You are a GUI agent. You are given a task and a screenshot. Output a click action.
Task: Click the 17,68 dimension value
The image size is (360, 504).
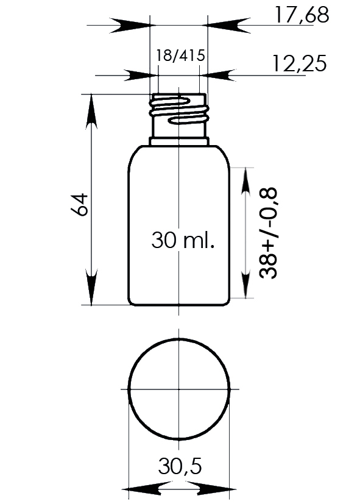[302, 15]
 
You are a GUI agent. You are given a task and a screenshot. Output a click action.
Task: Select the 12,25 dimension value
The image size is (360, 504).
[300, 63]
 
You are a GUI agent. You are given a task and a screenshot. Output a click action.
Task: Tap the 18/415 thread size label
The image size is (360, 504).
[180, 55]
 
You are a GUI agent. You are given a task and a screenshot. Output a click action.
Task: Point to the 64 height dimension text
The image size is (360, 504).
[79, 204]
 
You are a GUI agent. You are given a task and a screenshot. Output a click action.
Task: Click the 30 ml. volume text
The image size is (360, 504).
[183, 240]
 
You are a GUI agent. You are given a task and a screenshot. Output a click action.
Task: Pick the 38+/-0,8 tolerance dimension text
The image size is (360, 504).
[268, 232]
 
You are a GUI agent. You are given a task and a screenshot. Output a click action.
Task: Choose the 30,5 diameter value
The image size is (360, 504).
[180, 466]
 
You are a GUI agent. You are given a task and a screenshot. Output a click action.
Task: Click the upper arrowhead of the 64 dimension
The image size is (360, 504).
[91, 111]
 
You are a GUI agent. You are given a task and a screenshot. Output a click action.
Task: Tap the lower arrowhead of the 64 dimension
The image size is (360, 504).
[91, 287]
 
